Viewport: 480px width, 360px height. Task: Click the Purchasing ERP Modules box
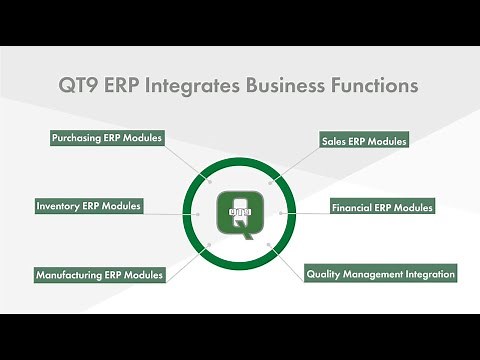pos(106,138)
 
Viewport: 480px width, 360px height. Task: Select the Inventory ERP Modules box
pos(89,206)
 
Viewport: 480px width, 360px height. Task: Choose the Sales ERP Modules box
pos(364,141)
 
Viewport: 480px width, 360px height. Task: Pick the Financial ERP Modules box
pos(382,207)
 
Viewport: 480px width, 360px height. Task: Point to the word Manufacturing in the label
pos(73,274)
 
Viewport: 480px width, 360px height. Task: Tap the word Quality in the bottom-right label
pos(325,273)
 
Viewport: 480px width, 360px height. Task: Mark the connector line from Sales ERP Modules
pos(294,162)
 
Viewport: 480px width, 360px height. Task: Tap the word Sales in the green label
pos(334,141)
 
